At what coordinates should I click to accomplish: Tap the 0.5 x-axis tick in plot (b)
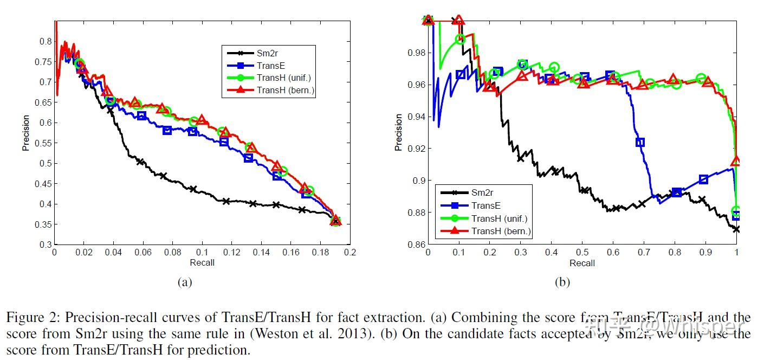pos(582,253)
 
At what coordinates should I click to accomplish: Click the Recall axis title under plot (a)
pos(202,263)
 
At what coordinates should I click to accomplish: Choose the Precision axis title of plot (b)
pos(399,132)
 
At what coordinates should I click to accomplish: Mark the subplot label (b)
pos(562,282)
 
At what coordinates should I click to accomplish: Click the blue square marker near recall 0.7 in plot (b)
pos(640,143)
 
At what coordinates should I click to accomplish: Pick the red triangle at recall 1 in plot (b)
pos(735,161)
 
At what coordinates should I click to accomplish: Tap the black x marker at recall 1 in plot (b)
pos(736,229)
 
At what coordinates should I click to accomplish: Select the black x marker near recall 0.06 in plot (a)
pos(141,162)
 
